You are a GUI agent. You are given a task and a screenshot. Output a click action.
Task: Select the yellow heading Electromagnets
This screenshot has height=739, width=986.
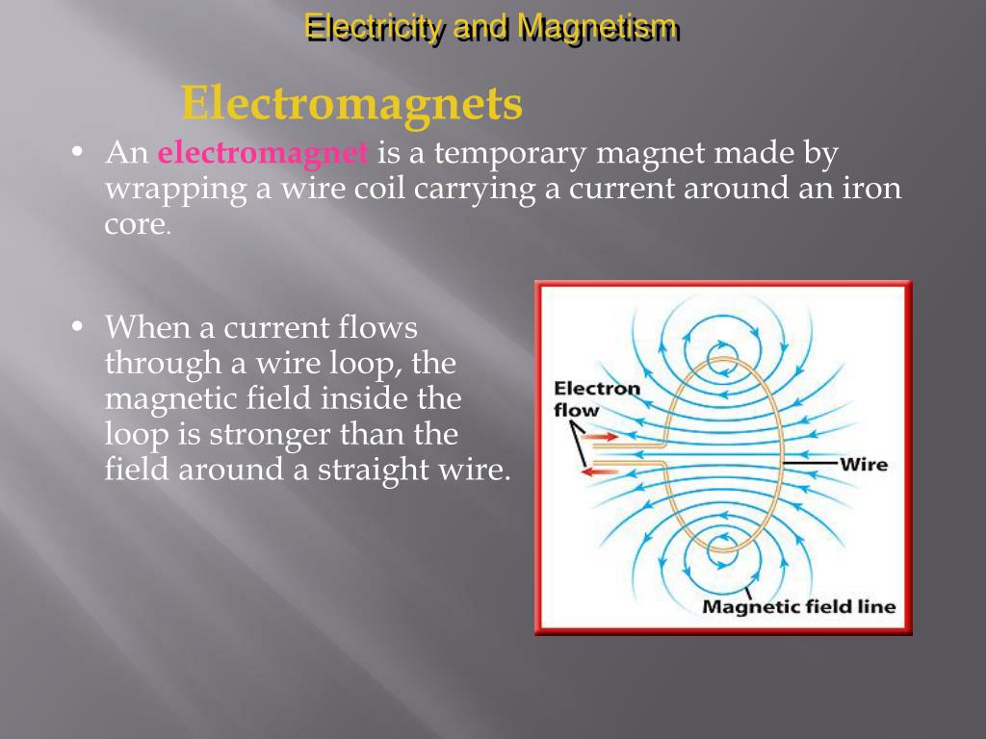click(x=351, y=104)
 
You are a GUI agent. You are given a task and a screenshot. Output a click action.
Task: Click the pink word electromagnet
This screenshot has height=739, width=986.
click(x=263, y=153)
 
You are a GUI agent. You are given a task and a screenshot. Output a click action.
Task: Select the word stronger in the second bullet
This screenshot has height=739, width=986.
click(x=253, y=434)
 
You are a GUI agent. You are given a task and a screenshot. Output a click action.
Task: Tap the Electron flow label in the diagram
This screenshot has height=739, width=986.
click(x=596, y=398)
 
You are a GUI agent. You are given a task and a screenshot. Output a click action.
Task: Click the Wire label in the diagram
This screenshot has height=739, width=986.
click(x=864, y=465)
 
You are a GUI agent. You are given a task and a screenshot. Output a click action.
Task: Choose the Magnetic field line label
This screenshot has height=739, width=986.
click(x=798, y=606)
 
